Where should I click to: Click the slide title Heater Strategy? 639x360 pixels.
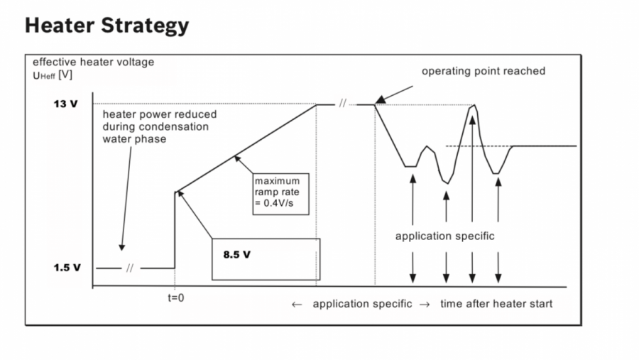(x=107, y=26)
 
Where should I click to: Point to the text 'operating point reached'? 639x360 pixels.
(x=483, y=71)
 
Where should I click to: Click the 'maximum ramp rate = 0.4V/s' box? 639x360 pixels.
(x=282, y=191)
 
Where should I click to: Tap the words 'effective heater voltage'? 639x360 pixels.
(x=93, y=62)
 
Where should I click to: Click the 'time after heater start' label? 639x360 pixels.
(x=496, y=304)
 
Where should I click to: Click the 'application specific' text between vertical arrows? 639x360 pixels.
(x=444, y=236)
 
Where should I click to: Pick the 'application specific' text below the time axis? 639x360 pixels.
(x=362, y=304)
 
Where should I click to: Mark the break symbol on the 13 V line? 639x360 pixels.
(x=342, y=104)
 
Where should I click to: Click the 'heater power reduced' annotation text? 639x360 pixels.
(x=160, y=114)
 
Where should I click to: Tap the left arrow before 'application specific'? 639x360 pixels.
(x=297, y=305)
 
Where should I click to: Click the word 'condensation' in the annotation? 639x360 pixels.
(x=177, y=126)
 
